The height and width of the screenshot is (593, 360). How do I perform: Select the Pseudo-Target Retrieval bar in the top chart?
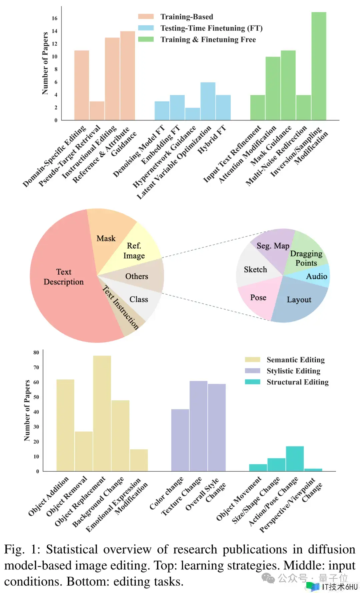coord(97,111)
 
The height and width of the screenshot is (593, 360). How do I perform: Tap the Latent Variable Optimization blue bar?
coord(208,101)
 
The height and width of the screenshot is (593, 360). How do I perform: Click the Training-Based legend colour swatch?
coord(146,17)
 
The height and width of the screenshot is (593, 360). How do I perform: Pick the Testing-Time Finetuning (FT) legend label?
coord(211,28)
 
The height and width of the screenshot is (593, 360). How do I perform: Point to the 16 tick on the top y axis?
coord(55,18)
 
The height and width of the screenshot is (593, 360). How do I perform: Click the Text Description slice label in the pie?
coord(64,277)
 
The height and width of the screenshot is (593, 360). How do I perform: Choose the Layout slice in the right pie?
coord(299,300)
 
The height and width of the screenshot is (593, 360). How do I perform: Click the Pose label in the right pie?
coord(258,298)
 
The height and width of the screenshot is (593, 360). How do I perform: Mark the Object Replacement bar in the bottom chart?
coord(102,413)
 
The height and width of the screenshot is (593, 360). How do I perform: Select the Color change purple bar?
coord(180,440)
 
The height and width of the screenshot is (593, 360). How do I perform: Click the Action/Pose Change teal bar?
coord(295,459)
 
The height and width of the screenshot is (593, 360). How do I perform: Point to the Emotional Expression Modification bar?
coord(139,460)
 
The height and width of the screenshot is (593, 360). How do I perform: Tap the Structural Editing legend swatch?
coord(252,382)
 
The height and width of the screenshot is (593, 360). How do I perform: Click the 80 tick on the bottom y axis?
coord(36,353)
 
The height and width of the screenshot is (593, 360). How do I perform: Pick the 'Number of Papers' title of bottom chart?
coord(27,410)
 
